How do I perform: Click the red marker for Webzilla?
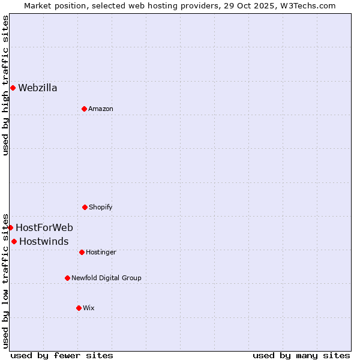[13, 88]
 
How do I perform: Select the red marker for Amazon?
[84, 109]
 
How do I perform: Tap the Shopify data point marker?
[85, 207]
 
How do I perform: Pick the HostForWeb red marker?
[10, 227]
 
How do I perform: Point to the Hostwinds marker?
[14, 241]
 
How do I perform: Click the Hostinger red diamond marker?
[82, 252]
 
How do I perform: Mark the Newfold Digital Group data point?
[67, 278]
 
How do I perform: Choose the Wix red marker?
[79, 308]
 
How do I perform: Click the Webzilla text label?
[38, 88]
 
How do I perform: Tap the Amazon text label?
[101, 109]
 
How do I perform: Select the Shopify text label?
[101, 207]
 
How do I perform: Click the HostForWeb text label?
[44, 227]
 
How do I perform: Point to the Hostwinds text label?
[44, 241]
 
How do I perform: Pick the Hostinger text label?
[101, 252]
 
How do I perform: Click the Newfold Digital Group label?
[106, 278]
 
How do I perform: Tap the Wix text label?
[89, 308]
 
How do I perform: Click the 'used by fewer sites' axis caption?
[62, 355]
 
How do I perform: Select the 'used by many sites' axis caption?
[301, 355]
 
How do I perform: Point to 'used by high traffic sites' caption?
[5, 85]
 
